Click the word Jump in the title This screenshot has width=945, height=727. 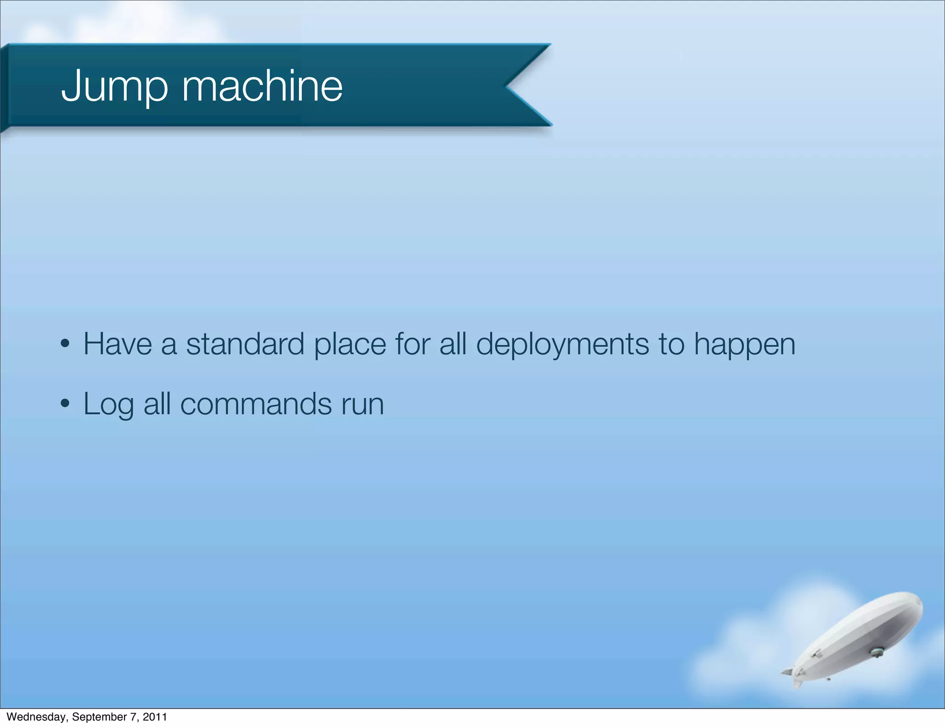(x=114, y=86)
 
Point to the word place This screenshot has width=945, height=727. (x=350, y=345)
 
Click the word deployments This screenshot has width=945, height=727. (x=562, y=345)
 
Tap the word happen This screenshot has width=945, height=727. (x=745, y=345)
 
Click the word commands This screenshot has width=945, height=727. (x=256, y=404)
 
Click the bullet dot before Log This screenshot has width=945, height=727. (x=65, y=404)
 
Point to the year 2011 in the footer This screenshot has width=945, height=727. (x=155, y=717)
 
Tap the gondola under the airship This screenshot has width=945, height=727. (x=876, y=652)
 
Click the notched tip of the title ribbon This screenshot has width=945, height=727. (x=508, y=86)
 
